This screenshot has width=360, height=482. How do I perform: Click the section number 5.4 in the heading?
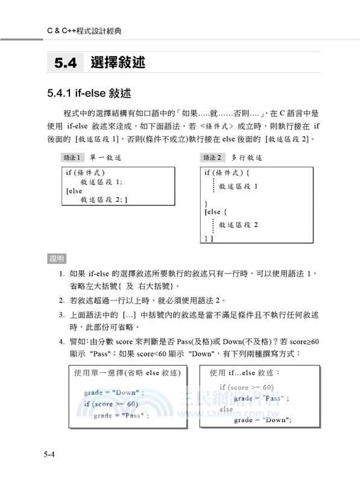click(x=65, y=62)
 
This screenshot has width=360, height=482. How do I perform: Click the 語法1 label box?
click(x=73, y=158)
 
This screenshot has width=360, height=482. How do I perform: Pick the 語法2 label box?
click(x=212, y=158)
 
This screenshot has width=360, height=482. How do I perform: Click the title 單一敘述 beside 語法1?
click(x=106, y=158)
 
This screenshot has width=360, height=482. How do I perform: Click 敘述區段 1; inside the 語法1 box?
click(x=101, y=181)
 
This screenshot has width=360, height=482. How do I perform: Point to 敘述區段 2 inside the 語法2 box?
click(x=238, y=225)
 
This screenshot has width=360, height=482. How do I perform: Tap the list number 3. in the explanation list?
click(x=62, y=315)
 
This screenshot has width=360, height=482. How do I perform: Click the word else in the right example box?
click(x=226, y=409)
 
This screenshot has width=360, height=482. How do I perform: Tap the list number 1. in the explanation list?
click(x=62, y=274)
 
